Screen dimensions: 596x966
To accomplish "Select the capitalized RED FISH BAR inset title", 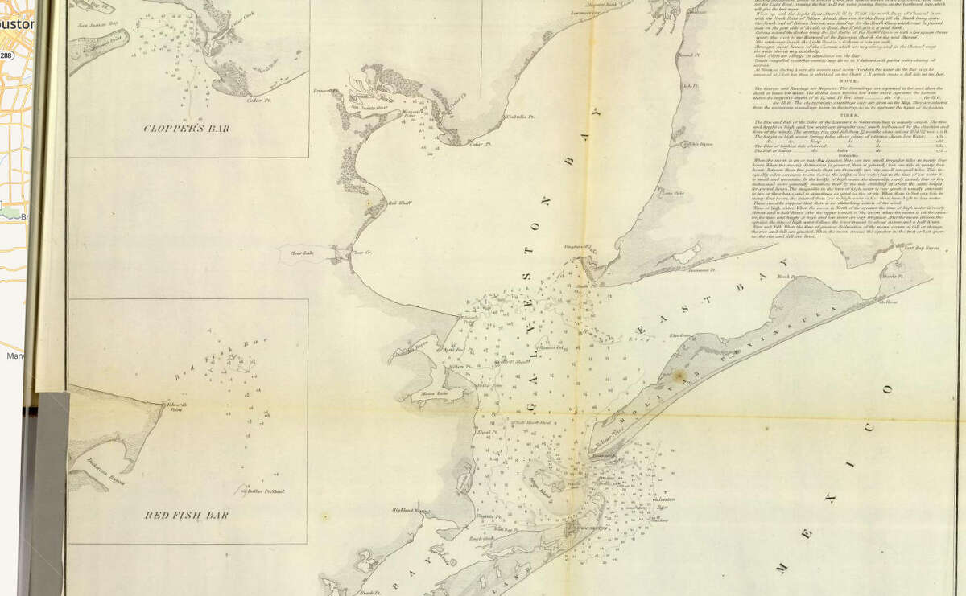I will (187, 515).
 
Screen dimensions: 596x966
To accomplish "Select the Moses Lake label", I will (436, 394).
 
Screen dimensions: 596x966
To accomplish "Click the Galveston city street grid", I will (574, 532).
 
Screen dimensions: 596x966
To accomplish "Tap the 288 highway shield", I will (6, 55).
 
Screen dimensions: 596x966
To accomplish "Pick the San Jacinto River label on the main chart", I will (367, 105).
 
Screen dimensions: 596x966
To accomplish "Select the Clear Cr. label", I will (361, 253).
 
